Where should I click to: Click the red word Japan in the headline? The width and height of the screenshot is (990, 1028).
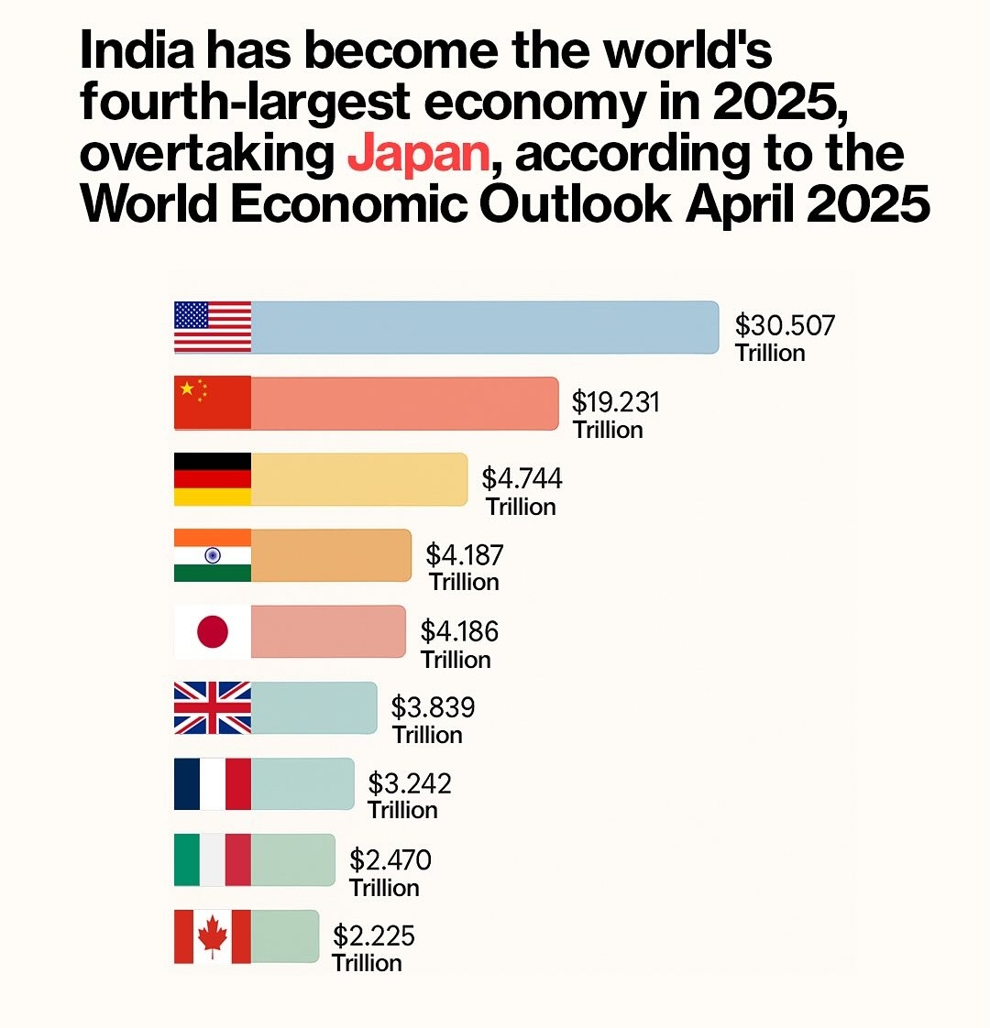pyautogui.click(x=418, y=153)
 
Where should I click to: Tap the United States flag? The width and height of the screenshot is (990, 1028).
pyautogui.click(x=213, y=327)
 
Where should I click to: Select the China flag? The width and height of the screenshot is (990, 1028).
pyautogui.click(x=213, y=402)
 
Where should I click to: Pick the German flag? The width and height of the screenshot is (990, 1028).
pyautogui.click(x=213, y=479)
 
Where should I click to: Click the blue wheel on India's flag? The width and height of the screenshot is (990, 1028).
pyautogui.click(x=213, y=555)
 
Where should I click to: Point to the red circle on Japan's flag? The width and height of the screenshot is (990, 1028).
pyautogui.click(x=213, y=631)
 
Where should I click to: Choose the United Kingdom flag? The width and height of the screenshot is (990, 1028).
pyautogui.click(x=213, y=707)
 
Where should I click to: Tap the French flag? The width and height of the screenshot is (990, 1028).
pyautogui.click(x=213, y=783)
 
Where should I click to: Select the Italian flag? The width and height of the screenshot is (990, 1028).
pyautogui.click(x=213, y=859)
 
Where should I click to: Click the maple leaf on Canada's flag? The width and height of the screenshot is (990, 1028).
pyautogui.click(x=213, y=936)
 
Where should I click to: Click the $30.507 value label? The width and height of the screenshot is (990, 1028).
pyautogui.click(x=785, y=325)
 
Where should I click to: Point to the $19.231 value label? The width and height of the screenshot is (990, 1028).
pyautogui.click(x=615, y=402)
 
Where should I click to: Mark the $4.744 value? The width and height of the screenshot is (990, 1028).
pyautogui.click(x=522, y=478)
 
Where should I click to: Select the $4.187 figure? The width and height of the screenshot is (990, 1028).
pyautogui.click(x=465, y=554)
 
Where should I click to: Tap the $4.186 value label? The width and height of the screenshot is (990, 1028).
pyautogui.click(x=459, y=631)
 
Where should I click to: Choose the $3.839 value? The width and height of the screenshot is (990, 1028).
pyautogui.click(x=433, y=707)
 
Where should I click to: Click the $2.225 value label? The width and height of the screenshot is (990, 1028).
pyautogui.click(x=373, y=935)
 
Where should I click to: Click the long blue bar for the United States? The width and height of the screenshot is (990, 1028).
pyautogui.click(x=484, y=327)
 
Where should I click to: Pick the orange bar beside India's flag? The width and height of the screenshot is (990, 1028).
pyautogui.click(x=330, y=555)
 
